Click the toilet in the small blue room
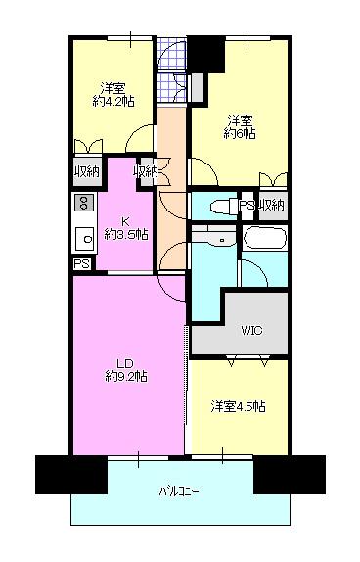(224, 207)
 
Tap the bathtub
(265, 238)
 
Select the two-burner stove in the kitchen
(84, 203)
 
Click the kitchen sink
(84, 238)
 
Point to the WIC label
(251, 330)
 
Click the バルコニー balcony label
(178, 491)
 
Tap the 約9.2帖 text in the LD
(126, 377)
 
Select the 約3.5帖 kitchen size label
(126, 235)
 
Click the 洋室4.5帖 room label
(239, 406)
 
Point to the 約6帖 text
(240, 134)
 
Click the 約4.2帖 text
(113, 102)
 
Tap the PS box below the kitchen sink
(82, 264)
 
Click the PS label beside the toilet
(247, 206)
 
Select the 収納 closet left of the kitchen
(87, 172)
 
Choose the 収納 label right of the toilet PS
(273, 206)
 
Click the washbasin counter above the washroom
(213, 237)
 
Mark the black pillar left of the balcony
(71, 475)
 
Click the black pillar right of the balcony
(290, 475)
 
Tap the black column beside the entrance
(205, 55)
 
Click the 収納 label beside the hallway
(146, 172)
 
